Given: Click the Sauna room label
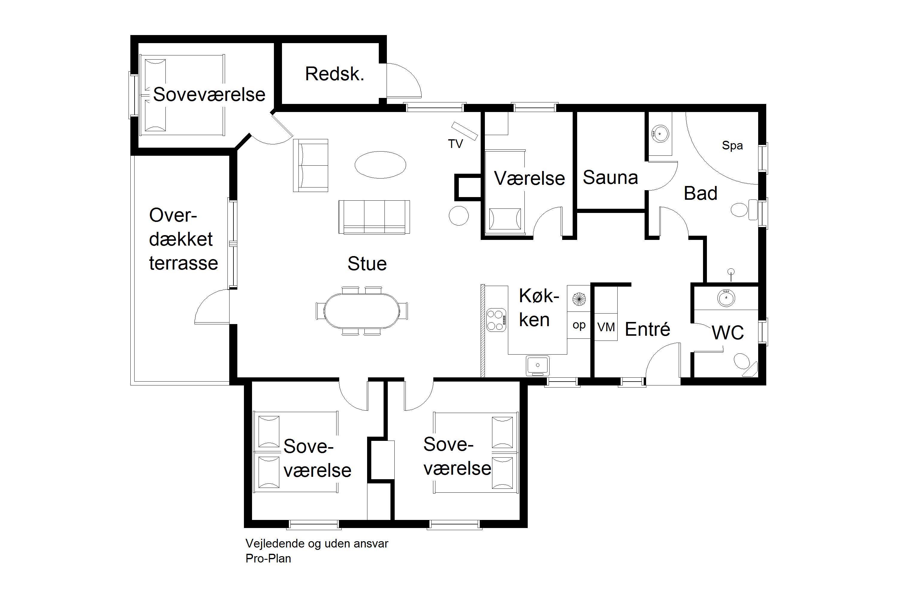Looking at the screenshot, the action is pos(610,178).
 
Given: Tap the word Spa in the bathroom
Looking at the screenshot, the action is pos(732,146).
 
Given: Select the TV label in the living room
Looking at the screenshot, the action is pos(455,144).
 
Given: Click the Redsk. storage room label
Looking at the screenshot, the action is pos(334,74).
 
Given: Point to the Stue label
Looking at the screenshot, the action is pos(367,264).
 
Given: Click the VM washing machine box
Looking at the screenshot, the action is pos(606,327).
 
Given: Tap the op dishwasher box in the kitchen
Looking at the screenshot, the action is pos(579,325).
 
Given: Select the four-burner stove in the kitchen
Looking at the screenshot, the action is pos(496,320).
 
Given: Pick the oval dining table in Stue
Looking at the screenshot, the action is pos(362,311).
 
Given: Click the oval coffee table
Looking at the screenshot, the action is pos(380,165).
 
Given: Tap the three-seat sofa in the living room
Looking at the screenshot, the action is pos(374,217).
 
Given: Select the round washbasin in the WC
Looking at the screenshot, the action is pos(726,298).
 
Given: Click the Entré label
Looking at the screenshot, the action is pos(648,329).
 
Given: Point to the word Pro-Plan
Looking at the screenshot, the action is pos(268,559).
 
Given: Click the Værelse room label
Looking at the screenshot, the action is pos(530,178).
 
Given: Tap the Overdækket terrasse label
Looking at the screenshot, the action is pos(183,239).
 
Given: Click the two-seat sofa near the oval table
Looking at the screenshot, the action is pos(311,165).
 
